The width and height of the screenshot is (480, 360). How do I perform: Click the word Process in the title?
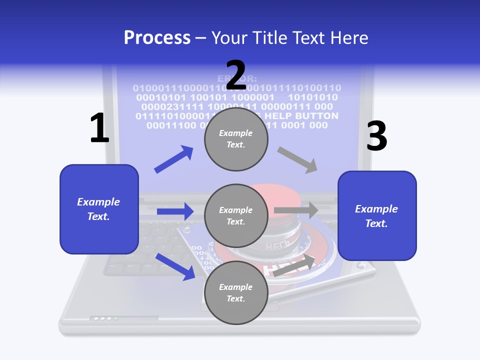[157, 38]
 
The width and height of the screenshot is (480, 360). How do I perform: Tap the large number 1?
[99, 128]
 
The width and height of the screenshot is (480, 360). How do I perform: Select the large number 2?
[236, 75]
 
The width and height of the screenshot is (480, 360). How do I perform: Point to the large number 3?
[376, 136]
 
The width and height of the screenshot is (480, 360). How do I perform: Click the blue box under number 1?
[99, 209]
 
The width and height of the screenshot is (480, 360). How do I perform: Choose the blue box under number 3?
[377, 215]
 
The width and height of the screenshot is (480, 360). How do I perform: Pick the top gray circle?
[236, 139]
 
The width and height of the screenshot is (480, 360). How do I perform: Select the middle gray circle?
[236, 215]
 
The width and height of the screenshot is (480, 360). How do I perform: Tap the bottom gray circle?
[236, 292]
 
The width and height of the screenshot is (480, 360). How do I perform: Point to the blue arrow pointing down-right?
[175, 266]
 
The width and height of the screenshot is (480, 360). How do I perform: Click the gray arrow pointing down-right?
[297, 160]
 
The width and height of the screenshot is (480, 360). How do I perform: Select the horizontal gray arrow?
[295, 210]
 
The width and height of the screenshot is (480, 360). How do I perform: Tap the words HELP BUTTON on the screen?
[305, 116]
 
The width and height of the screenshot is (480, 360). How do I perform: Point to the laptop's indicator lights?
[105, 318]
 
